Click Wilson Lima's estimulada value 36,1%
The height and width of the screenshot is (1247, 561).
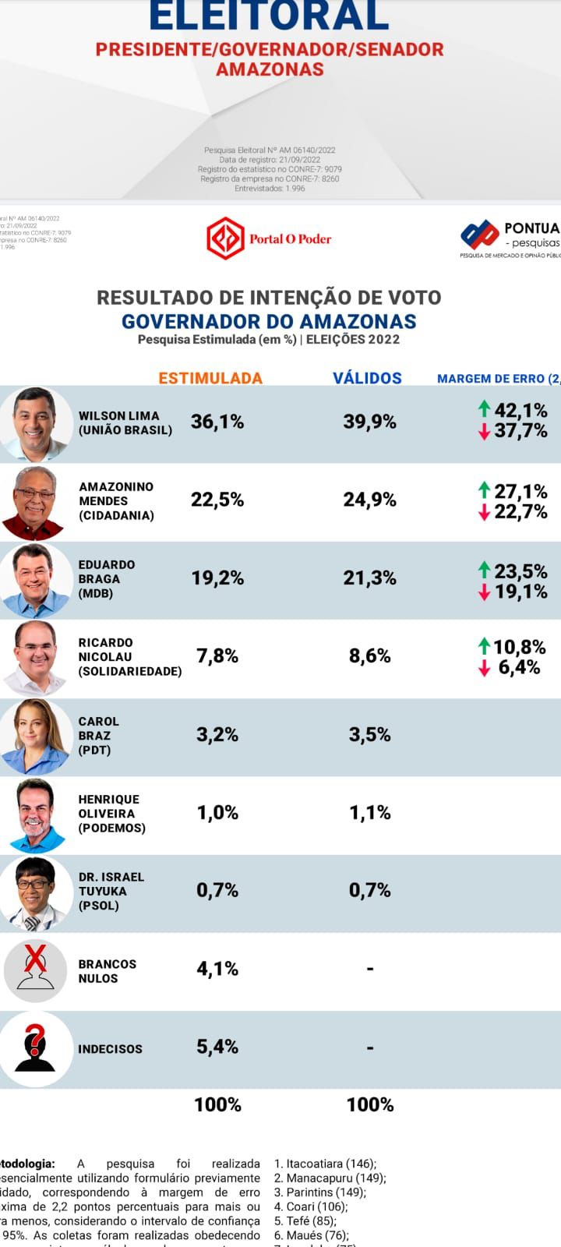217,422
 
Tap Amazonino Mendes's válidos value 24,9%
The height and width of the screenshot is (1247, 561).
369,500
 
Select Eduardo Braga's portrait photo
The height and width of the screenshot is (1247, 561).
35,580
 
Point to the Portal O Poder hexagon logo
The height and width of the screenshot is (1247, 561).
225,238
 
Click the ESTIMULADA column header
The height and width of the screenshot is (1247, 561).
210,378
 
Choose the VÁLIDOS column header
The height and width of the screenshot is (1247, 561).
367,378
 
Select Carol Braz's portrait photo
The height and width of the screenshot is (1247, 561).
35,736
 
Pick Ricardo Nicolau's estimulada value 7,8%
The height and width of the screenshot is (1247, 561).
217,656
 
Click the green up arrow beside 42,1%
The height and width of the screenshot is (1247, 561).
485,408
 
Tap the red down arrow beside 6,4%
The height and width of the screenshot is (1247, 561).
485,668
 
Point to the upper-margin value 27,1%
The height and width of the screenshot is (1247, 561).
520,491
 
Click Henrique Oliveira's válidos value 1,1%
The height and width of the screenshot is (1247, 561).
369,813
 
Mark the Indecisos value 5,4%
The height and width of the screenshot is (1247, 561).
217,1047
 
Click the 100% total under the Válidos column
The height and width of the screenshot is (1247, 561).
369,1104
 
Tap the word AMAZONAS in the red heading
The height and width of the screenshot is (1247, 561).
270,69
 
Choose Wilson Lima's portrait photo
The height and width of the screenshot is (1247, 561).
35,423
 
